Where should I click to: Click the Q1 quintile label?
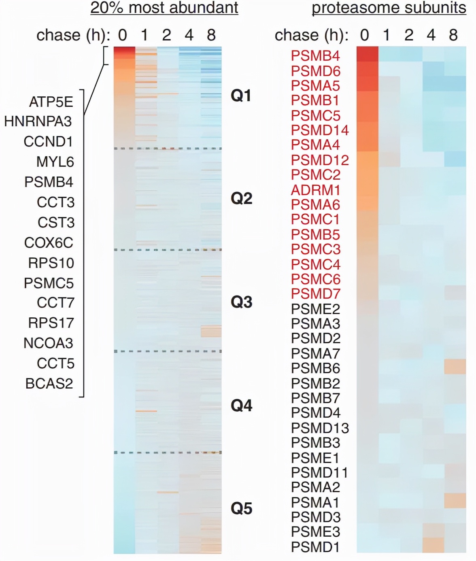click(x=241, y=96)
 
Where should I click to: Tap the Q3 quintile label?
click(x=241, y=302)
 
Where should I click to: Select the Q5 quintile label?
click(x=241, y=508)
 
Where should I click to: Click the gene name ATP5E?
click(x=51, y=102)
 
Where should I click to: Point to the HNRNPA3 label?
click(x=38, y=121)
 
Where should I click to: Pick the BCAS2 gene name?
click(x=49, y=383)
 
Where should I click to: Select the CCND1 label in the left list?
click(x=48, y=142)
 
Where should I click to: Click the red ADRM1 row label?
click(x=315, y=190)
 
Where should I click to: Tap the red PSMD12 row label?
click(x=320, y=160)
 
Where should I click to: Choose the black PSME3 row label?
click(x=315, y=532)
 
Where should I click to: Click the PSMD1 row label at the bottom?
click(x=315, y=547)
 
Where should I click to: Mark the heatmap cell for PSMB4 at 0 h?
click(x=367, y=54)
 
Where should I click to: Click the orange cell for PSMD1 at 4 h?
click(x=433, y=545)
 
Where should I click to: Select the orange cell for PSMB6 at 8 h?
click(x=455, y=366)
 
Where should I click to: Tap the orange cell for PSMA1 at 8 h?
click(x=455, y=500)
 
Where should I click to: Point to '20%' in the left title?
click(x=106, y=8)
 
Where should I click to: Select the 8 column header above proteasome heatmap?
click(x=453, y=35)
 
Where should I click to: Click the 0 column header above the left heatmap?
click(x=123, y=35)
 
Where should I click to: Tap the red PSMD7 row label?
click(x=315, y=294)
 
